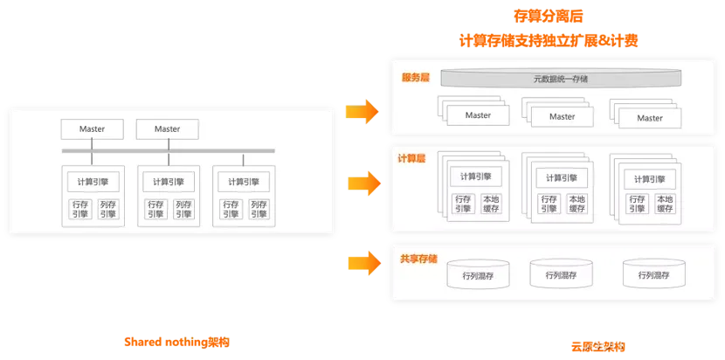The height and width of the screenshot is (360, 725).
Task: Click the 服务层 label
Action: point(415,78)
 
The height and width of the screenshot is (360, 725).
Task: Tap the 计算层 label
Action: point(411,158)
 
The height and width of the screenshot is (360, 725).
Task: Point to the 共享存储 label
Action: point(418,260)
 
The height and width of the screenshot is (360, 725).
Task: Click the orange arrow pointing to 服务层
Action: point(360,112)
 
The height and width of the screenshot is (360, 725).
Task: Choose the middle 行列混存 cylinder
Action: point(562,274)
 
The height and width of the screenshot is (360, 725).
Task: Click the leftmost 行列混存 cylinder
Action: point(478,275)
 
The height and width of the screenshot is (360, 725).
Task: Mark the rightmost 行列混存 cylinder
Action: point(651,274)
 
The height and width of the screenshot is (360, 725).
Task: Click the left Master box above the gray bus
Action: point(92,129)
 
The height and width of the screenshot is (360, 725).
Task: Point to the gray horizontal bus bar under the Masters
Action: point(168,151)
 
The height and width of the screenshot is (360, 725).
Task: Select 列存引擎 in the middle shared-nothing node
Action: point(183,210)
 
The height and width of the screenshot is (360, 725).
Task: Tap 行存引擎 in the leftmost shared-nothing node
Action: point(80,210)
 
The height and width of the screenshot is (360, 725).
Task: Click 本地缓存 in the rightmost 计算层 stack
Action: point(665,204)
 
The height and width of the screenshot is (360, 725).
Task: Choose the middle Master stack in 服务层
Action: point(562,116)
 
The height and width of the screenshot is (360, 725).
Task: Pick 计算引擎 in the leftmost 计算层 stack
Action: point(476,177)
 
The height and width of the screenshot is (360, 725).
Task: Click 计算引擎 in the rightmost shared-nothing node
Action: point(243,182)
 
